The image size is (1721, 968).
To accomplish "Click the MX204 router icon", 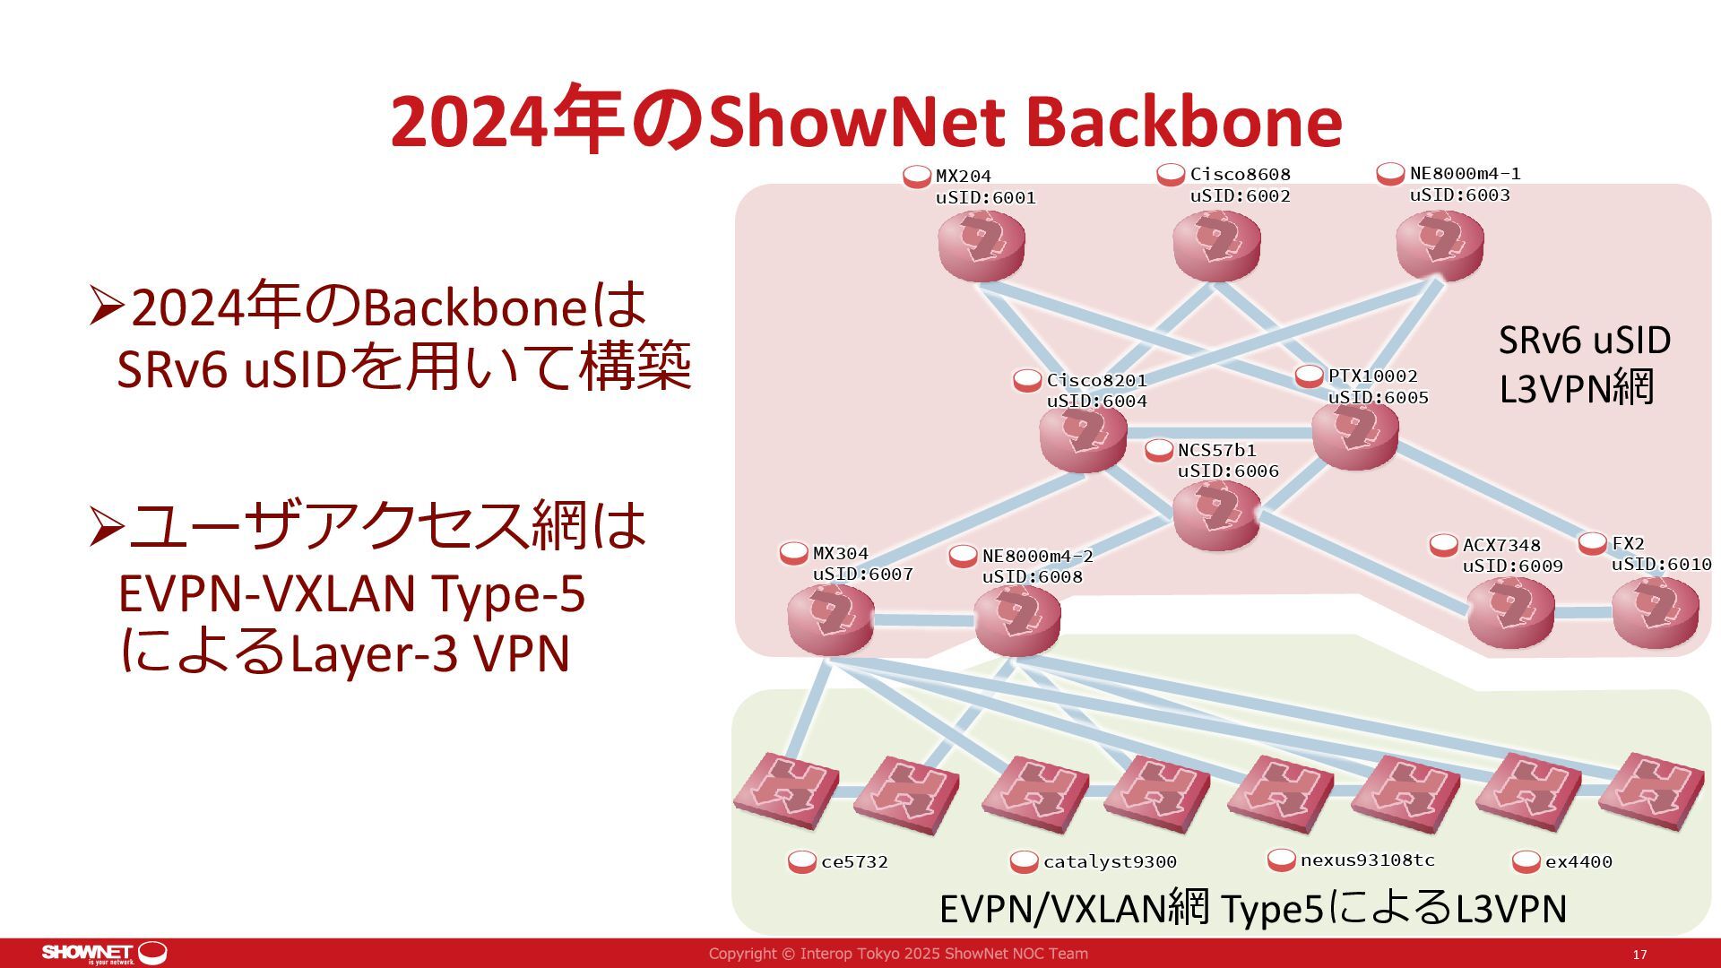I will click(982, 245).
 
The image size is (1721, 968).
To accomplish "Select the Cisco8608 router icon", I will click(1216, 245).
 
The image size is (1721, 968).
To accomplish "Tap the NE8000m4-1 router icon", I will click(1440, 243).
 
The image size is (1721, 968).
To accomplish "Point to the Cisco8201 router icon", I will click(1083, 437).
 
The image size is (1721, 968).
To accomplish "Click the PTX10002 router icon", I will click(1354, 436).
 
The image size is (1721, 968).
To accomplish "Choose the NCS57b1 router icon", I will click(1216, 514).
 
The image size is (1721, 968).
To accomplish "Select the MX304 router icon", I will click(830, 618).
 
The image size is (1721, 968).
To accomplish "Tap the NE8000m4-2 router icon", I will click(1016, 618).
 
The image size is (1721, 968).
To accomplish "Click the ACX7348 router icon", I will click(1510, 612).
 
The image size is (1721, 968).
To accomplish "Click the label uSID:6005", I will click(1378, 398).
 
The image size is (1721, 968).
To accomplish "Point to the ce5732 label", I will click(854, 862).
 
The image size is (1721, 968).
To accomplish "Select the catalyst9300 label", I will click(1109, 862).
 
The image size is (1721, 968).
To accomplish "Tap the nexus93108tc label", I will click(1367, 860).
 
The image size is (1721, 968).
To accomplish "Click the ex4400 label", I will click(1578, 862).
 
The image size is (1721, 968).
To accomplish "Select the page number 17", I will click(1639, 955).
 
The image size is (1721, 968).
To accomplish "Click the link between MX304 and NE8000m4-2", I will click(923, 619).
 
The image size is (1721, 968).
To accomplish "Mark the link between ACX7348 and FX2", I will click(1583, 613).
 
